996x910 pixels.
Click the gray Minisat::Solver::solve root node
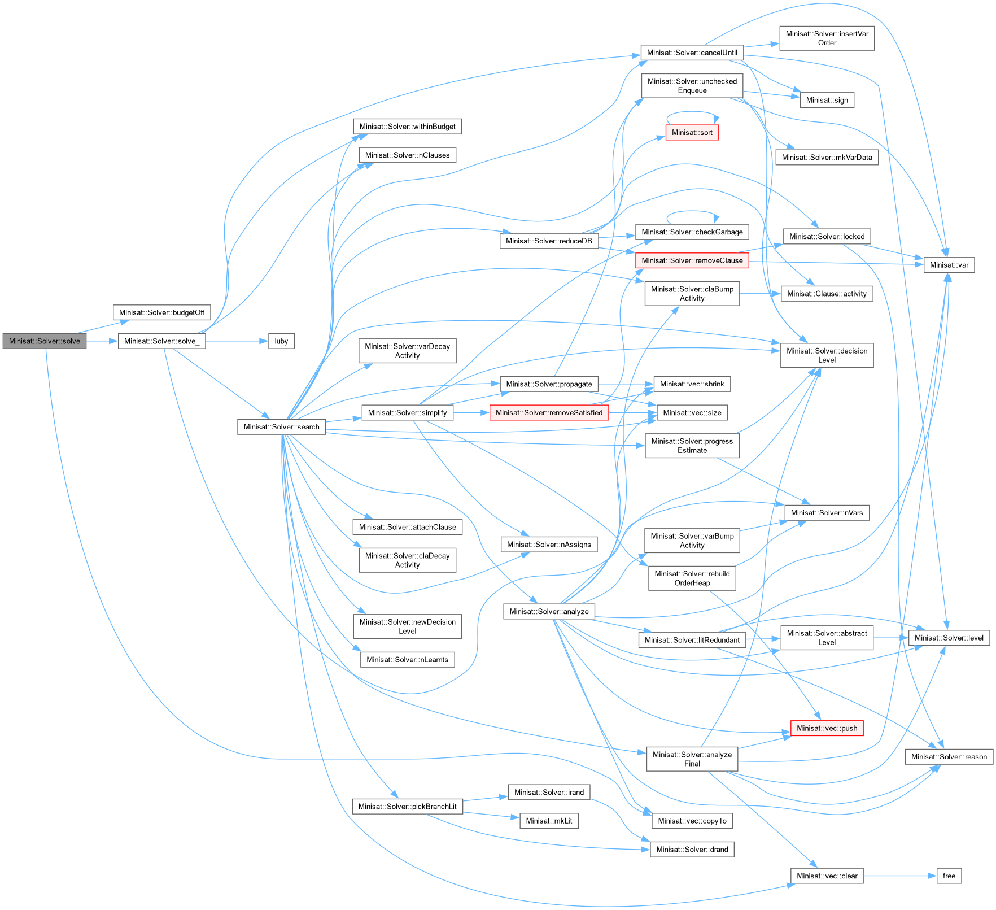coord(45,341)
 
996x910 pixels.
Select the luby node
coord(281,341)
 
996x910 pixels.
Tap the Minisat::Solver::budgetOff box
coord(161,312)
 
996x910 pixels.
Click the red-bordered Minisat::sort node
coord(692,133)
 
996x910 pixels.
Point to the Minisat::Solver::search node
coord(281,427)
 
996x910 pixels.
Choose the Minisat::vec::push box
coord(827,728)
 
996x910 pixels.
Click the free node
coord(949,876)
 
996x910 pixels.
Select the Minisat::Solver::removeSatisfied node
coord(549,413)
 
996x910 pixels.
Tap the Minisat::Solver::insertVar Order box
coord(827,38)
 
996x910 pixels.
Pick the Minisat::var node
coord(949,265)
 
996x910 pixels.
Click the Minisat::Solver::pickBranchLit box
coord(407,807)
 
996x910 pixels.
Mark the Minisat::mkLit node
coord(549,821)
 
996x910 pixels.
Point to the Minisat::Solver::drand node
coord(692,850)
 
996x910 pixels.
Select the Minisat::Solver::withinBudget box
coord(407,127)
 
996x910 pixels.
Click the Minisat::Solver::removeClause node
coord(692,260)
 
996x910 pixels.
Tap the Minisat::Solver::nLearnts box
coord(407,660)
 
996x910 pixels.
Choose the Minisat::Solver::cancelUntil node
coord(692,53)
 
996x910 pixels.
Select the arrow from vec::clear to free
coord(900,876)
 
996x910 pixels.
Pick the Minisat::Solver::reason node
coord(949,757)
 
